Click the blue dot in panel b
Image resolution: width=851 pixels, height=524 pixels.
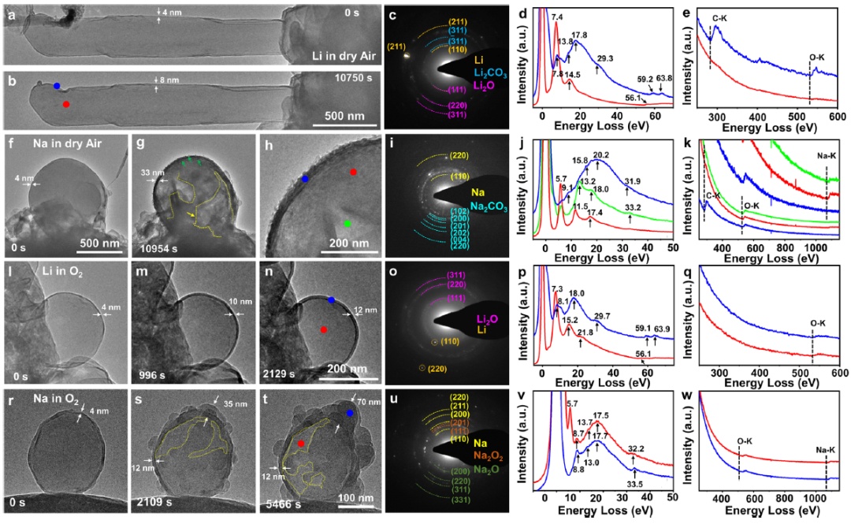pyautogui.click(x=58, y=85)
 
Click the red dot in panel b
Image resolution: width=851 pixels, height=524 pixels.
pyautogui.click(x=66, y=104)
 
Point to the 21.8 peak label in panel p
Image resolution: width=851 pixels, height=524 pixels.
pyautogui.click(x=586, y=334)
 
